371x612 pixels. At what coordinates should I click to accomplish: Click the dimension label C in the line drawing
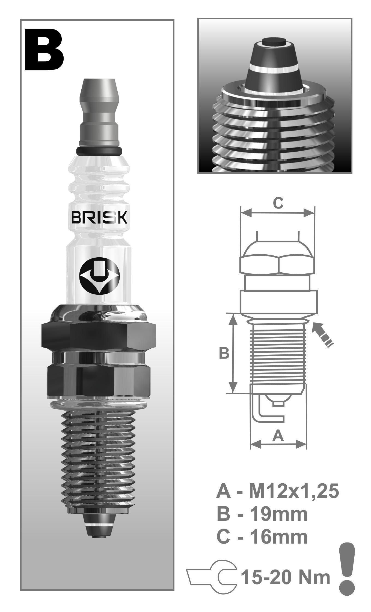click(278, 203)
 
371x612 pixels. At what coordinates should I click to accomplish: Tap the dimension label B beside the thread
click(224, 354)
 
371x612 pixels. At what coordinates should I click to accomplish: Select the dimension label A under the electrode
click(278, 436)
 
